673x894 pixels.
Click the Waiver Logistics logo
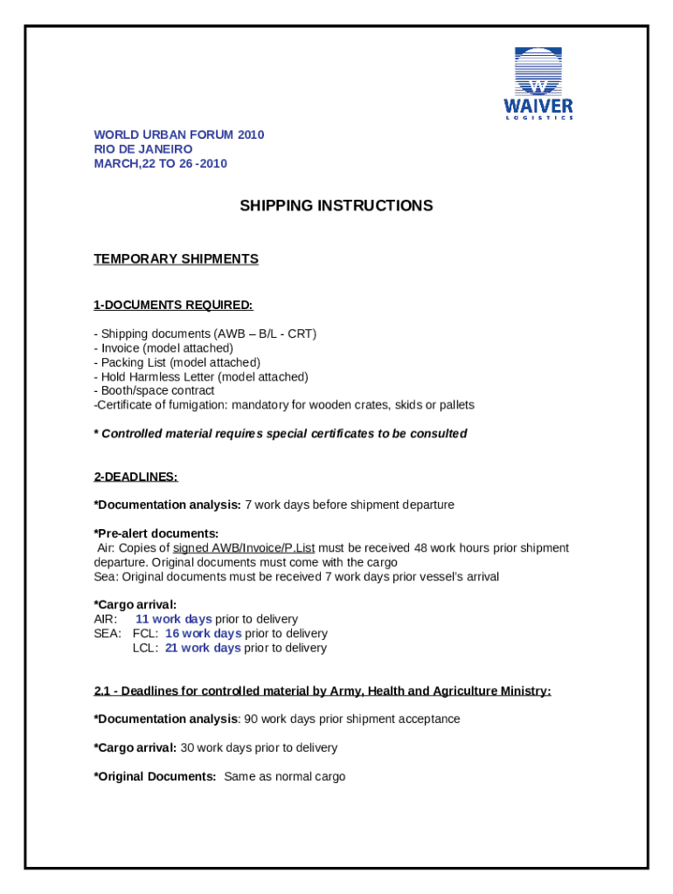pos(538,84)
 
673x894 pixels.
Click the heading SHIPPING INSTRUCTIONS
pos(336,206)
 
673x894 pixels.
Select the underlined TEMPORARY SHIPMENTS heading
pos(176,259)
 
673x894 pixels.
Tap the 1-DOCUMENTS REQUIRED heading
pos(173,305)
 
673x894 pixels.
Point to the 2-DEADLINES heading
pos(135,477)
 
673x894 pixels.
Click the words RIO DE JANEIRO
pos(143,149)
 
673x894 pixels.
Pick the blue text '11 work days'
pos(173,619)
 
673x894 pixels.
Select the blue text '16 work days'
pos(203,634)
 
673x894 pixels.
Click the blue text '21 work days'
pos(203,648)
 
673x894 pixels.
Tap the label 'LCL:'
pos(145,648)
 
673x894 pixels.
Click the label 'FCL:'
pos(145,634)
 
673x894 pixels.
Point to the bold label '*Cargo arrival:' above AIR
pos(135,604)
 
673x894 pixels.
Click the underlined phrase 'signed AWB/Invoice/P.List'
pos(244,548)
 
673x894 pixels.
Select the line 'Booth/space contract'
pos(157,391)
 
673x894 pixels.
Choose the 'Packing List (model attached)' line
pos(180,362)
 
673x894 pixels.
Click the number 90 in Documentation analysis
pos(252,719)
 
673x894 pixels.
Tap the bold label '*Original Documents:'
pos(156,776)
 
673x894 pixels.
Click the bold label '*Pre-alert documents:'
pos(156,533)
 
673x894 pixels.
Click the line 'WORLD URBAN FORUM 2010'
pos(179,134)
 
